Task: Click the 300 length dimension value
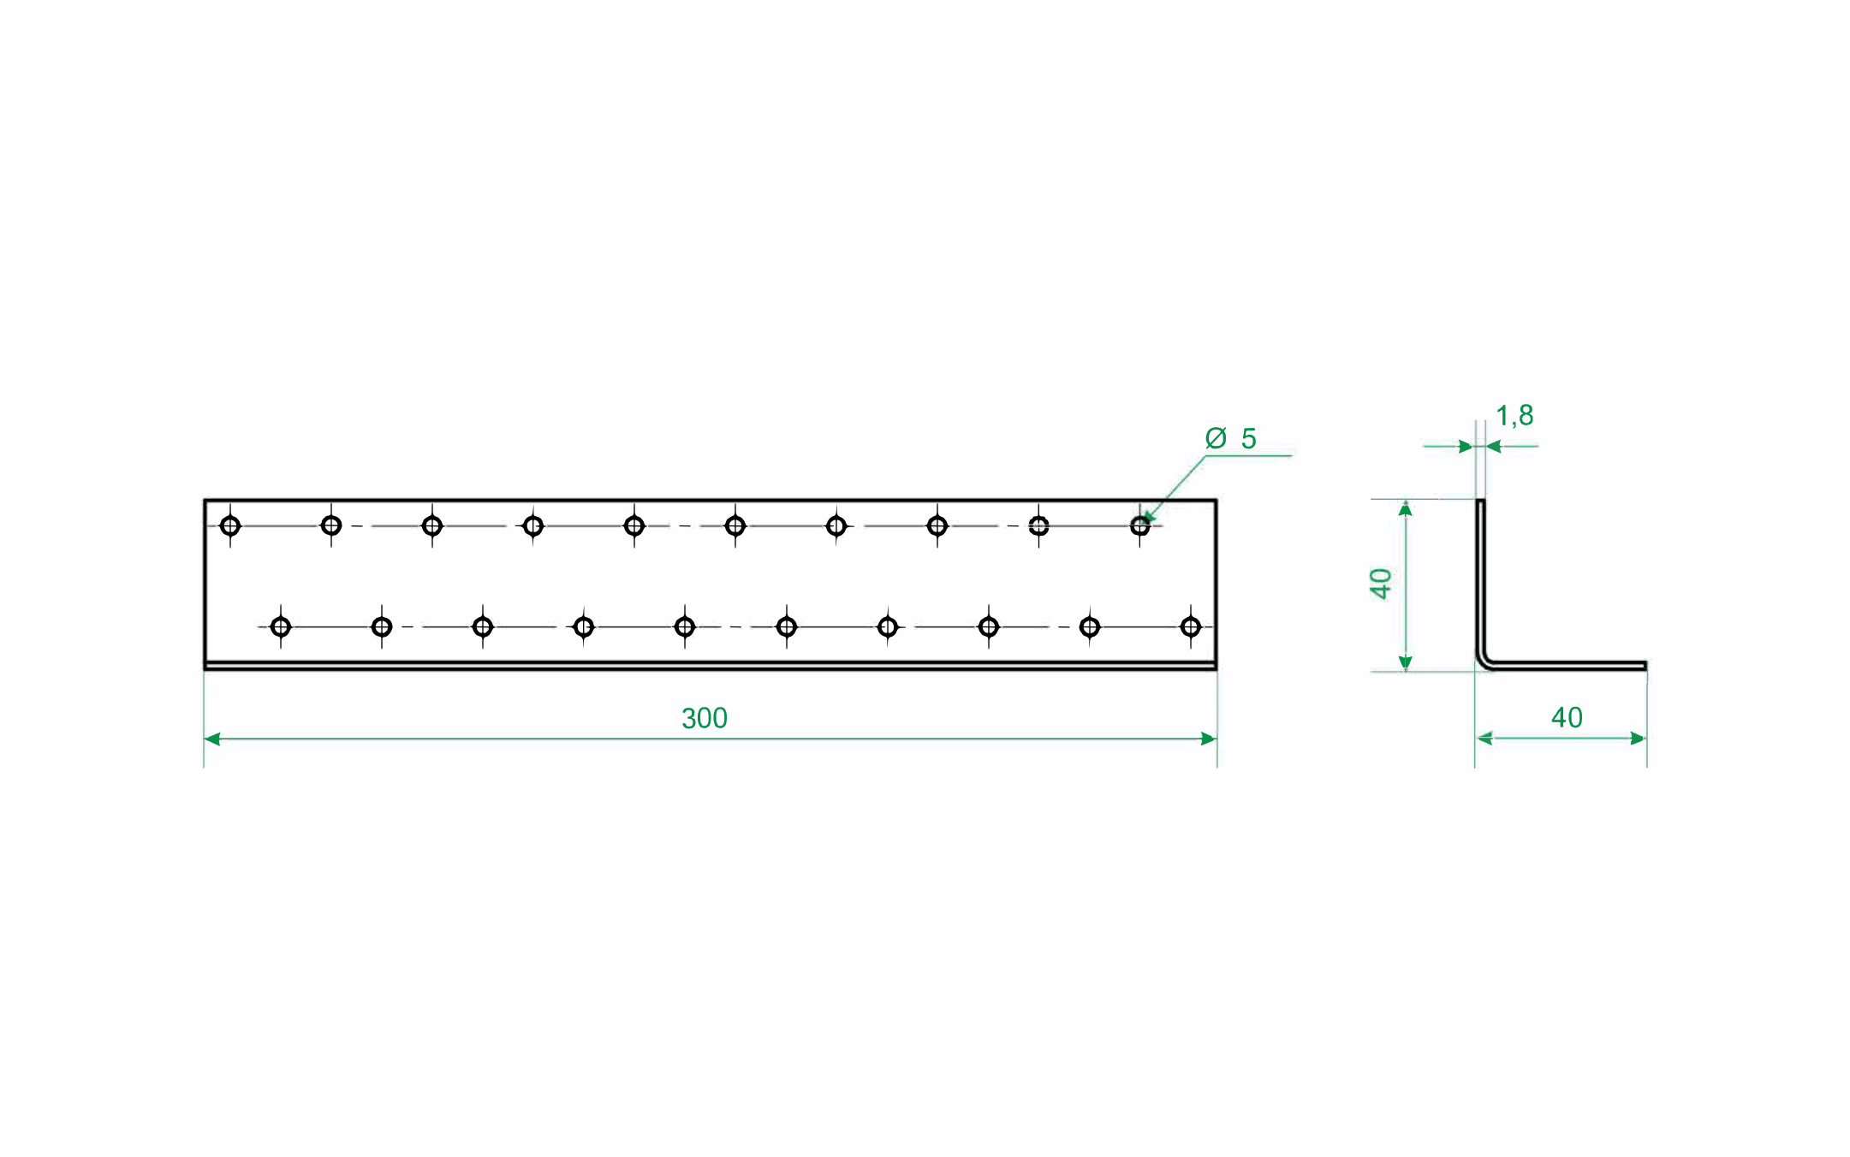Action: click(704, 718)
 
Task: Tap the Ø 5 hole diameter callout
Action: click(1230, 438)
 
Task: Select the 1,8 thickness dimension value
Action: click(1514, 416)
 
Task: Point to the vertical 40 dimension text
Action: click(1380, 584)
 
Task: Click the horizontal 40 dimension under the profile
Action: click(1567, 717)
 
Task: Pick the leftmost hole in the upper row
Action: click(230, 525)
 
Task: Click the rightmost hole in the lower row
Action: click(1190, 627)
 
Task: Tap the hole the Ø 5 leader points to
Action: click(1139, 525)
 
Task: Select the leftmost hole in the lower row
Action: click(281, 627)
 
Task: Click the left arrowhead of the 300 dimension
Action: click(212, 739)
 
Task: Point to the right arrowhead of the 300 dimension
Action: click(1209, 739)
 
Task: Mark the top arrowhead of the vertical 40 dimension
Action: click(1405, 509)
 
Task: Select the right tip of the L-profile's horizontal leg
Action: click(1645, 666)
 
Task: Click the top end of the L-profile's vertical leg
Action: click(1480, 501)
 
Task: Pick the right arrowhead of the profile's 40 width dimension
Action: click(1638, 739)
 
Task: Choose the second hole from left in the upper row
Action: click(331, 525)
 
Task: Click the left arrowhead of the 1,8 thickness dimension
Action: click(1466, 447)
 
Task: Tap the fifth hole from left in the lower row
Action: click(685, 627)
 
